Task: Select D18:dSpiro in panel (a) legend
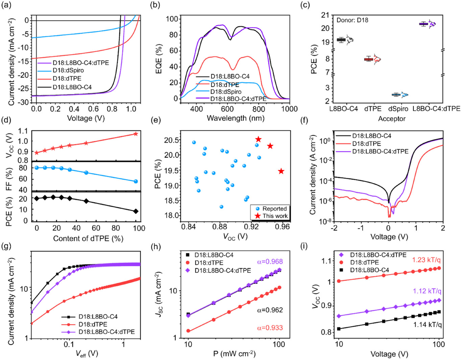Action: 68,70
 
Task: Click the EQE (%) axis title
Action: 158,57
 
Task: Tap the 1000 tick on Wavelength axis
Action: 289,109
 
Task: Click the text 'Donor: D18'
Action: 352,20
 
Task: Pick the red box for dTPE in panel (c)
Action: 368,59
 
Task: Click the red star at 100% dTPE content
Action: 136,134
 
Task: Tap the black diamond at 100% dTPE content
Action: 136,211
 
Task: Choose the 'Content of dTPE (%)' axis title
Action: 88,239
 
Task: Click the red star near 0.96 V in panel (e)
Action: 281,171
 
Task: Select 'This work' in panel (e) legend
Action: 275,216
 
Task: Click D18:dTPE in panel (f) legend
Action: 366,144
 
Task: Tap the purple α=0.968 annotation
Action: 269,262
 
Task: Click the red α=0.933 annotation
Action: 270,328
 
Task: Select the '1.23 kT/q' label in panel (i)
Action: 427,260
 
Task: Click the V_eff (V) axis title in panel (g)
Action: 87,354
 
